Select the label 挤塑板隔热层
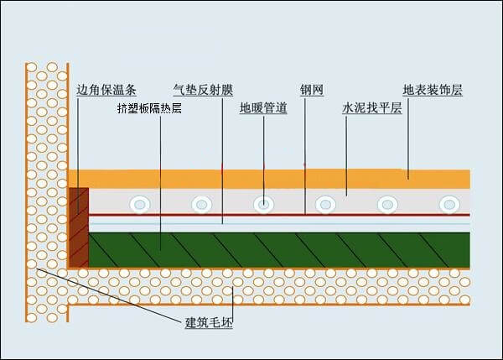click(x=149, y=108)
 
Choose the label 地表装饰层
click(x=432, y=89)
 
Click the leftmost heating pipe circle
click(x=137, y=203)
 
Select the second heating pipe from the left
click(x=201, y=203)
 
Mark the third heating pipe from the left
click(x=264, y=203)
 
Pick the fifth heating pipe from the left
click(x=387, y=203)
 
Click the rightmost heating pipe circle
click(x=449, y=203)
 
